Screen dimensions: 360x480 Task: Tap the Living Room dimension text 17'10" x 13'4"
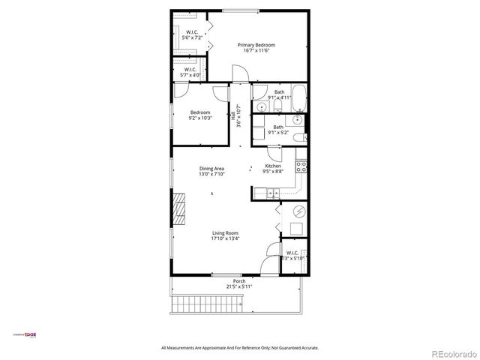(x=225, y=239)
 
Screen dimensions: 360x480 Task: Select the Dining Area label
(x=211, y=169)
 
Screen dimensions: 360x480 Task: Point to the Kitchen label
(x=273, y=166)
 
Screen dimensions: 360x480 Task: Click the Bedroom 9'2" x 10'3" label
(x=199, y=112)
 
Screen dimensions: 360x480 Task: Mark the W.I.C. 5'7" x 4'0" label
(x=190, y=70)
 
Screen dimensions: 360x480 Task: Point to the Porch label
(x=238, y=281)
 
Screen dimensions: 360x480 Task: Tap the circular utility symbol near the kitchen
(x=298, y=211)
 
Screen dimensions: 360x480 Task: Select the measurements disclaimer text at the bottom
(x=240, y=347)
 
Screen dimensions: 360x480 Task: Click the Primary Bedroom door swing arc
(x=238, y=72)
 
